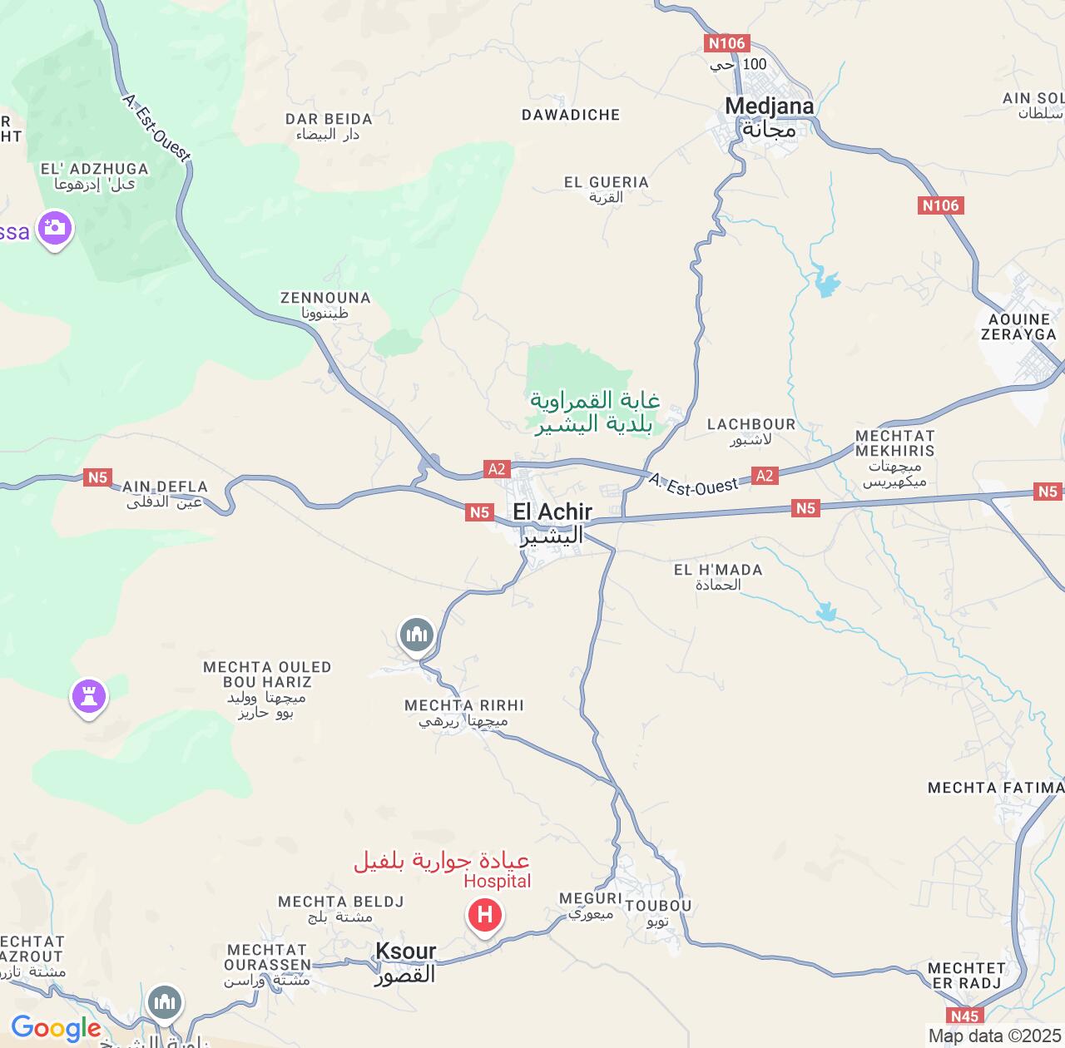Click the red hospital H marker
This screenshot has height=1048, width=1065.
click(484, 916)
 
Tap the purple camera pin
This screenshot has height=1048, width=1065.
click(56, 227)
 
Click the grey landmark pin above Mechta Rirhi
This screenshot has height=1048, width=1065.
click(416, 635)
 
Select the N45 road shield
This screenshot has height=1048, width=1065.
click(964, 1016)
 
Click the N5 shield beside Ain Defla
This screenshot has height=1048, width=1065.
click(97, 477)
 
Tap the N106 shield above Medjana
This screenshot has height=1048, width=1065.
click(727, 43)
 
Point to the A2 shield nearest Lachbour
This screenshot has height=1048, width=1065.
click(764, 476)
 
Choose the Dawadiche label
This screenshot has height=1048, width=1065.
click(571, 115)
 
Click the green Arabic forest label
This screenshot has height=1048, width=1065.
click(594, 413)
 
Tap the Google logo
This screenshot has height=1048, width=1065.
click(56, 1028)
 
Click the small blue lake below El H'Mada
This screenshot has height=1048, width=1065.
click(826, 613)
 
